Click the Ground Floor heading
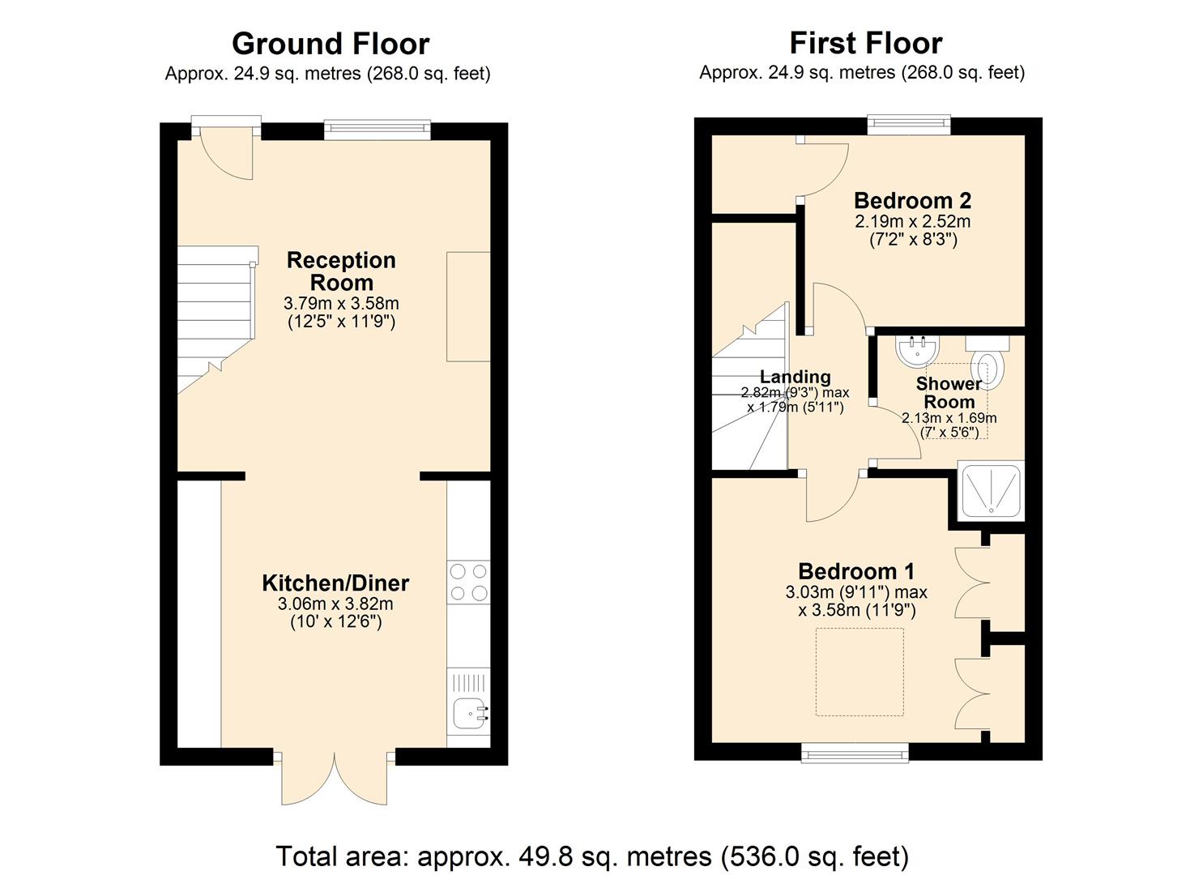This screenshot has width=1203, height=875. [331, 43]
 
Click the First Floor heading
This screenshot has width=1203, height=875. [865, 42]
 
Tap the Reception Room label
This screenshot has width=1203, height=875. [341, 271]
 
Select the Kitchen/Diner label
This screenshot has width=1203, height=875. [335, 583]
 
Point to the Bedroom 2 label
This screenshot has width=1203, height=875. [912, 200]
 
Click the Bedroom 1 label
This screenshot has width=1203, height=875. [857, 571]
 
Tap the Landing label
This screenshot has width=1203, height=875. [795, 377]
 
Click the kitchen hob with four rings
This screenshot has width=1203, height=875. [469, 582]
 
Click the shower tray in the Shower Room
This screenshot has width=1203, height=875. [991, 492]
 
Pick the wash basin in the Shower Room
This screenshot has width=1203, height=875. [917, 350]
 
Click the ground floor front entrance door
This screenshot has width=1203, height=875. [227, 150]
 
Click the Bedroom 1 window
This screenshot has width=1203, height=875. [855, 753]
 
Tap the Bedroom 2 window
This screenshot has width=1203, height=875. [908, 124]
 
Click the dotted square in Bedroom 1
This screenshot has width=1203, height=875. [860, 672]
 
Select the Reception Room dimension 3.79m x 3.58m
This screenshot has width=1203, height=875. [341, 304]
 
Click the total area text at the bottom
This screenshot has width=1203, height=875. [592, 856]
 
